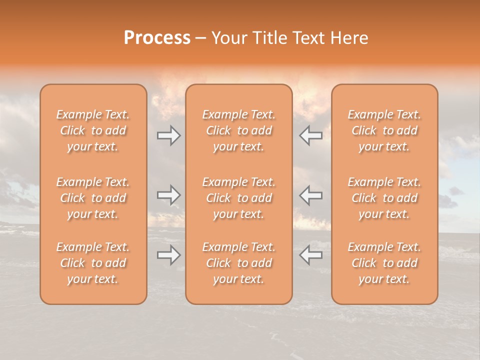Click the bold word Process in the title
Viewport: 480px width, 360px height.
click(x=157, y=38)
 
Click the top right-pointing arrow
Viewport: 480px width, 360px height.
click(x=168, y=135)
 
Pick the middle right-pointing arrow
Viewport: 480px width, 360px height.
click(x=168, y=195)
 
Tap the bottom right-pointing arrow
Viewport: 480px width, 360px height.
click(x=168, y=255)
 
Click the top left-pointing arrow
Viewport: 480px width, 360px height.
click(x=310, y=135)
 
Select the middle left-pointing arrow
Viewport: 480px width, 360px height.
click(x=310, y=195)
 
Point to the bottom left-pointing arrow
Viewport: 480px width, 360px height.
click(x=310, y=255)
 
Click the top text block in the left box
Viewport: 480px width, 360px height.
click(x=93, y=130)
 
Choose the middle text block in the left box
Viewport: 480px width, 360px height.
click(x=93, y=198)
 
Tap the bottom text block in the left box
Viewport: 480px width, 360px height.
click(x=93, y=263)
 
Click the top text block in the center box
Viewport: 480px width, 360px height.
click(x=239, y=130)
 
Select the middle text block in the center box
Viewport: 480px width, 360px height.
click(x=239, y=198)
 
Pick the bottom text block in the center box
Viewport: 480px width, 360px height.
click(x=239, y=263)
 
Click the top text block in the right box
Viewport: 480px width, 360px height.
click(x=384, y=130)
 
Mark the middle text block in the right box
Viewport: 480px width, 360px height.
click(x=384, y=198)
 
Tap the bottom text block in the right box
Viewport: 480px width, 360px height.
click(x=384, y=263)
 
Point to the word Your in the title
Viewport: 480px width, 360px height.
click(x=230, y=38)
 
